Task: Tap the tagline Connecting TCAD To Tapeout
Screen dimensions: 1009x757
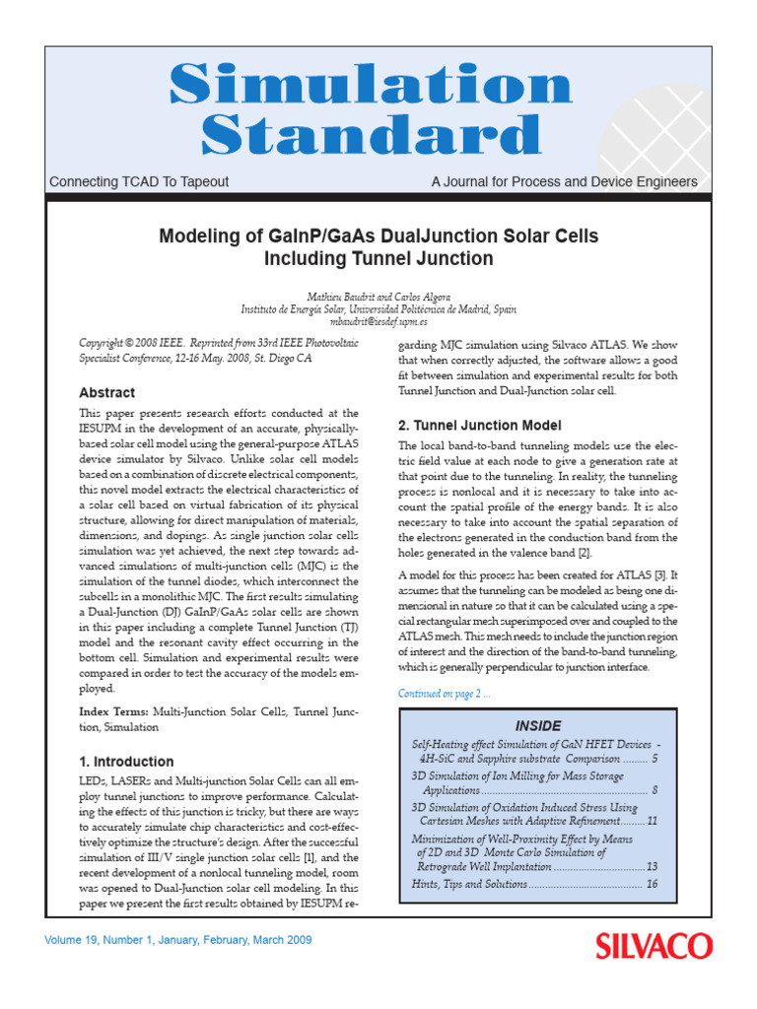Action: (139, 182)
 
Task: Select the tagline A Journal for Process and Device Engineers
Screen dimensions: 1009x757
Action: (564, 182)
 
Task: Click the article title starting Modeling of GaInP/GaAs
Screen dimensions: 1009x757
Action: (378, 247)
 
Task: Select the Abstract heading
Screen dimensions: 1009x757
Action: (106, 392)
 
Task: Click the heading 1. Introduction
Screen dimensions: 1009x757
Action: (126, 762)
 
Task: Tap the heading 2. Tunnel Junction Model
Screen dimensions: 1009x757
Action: (479, 426)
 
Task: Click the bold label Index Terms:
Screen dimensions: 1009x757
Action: (114, 711)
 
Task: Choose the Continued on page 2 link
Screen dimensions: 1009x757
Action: (445, 694)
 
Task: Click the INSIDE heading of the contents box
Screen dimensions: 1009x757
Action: (537, 726)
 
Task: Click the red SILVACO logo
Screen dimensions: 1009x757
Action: (653, 947)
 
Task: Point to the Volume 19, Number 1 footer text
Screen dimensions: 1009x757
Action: (178, 940)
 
